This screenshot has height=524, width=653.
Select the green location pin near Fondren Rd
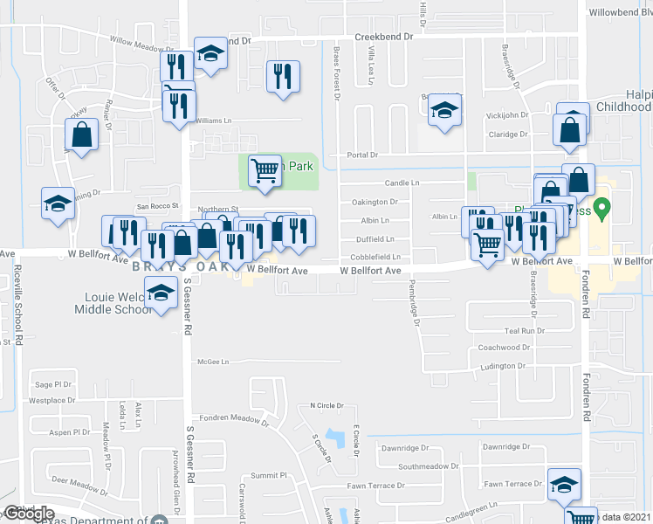[601, 210]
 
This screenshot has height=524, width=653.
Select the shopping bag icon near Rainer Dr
[81, 134]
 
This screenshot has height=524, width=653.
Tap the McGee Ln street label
[213, 362]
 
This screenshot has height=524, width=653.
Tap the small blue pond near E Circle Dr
[334, 436]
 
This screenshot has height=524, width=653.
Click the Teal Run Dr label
[524, 331]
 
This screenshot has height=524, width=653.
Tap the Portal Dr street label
[362, 155]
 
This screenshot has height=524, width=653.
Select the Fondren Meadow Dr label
[230, 419]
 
